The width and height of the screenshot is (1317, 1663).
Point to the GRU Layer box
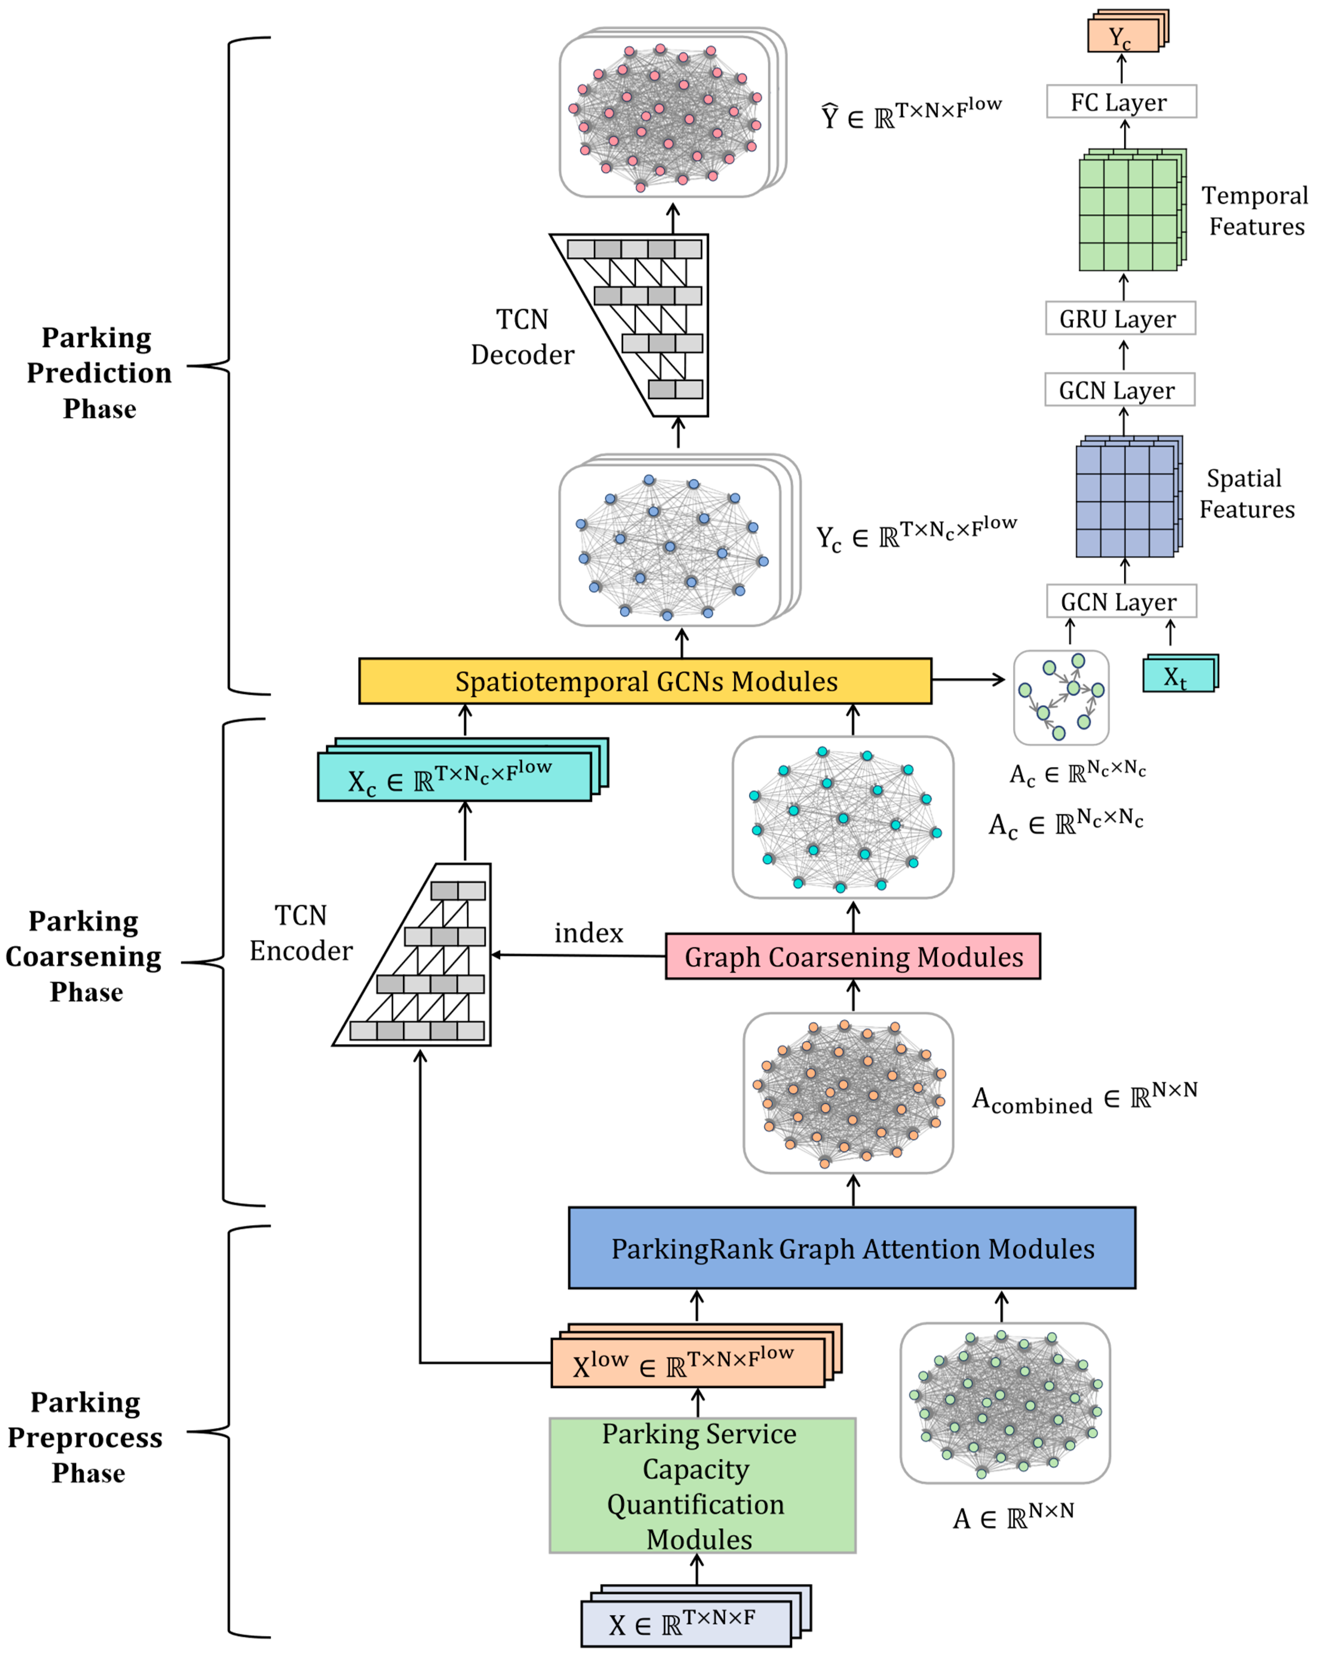(1120, 318)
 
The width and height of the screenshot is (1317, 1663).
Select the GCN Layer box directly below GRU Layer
(1120, 390)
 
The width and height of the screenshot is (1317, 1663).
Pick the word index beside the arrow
(588, 933)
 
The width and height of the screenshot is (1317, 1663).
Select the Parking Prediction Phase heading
(99, 373)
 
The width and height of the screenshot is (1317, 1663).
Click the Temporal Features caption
(1255, 211)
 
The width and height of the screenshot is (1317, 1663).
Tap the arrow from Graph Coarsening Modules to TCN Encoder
(578, 956)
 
